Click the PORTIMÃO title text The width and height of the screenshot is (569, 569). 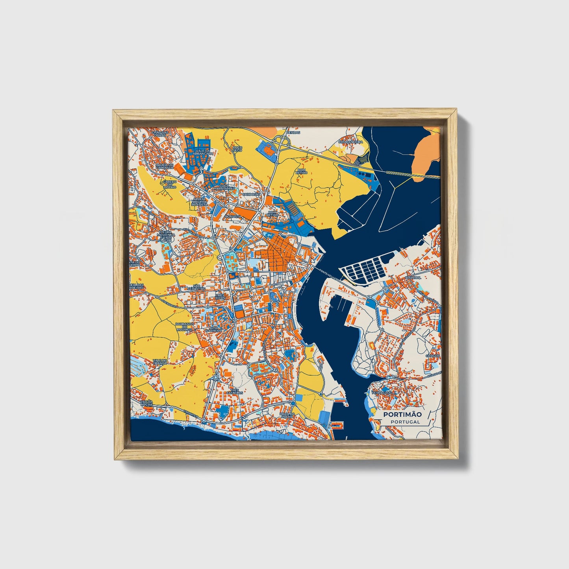(x=402, y=414)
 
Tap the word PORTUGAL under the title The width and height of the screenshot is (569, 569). (x=405, y=422)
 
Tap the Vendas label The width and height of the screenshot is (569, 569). (x=293, y=133)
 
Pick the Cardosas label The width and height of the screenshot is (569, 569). (x=252, y=194)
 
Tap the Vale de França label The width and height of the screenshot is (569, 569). (x=161, y=361)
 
